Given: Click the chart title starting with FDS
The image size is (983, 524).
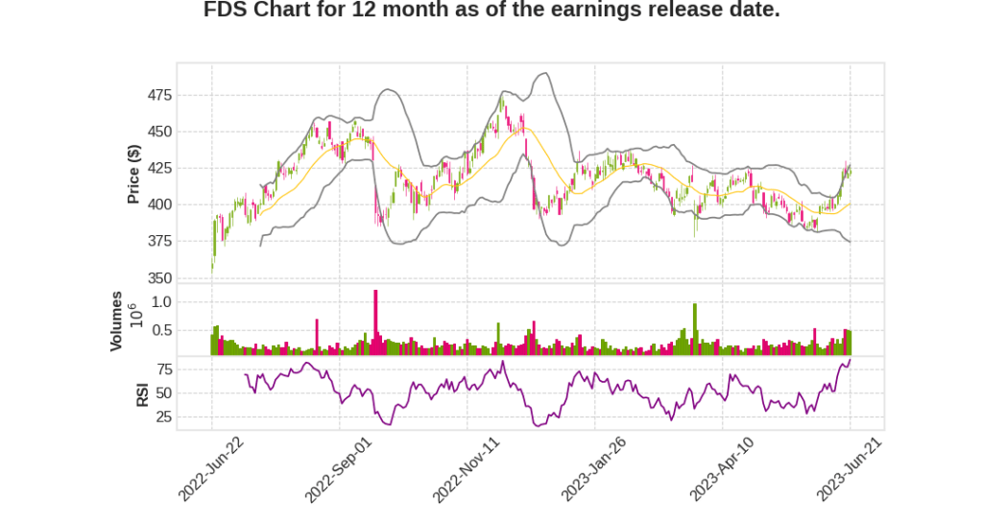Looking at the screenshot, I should point(491,12).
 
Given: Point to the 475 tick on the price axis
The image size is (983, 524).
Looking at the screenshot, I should point(158,95).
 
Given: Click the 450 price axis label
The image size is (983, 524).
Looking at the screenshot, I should point(158,131).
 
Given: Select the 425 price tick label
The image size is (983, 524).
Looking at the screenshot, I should point(158,168).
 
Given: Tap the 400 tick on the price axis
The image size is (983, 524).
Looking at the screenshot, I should point(158,204).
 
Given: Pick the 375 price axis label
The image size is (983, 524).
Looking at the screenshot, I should point(158,241).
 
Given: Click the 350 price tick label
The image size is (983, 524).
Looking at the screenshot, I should point(158,278).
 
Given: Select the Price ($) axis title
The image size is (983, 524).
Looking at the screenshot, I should point(134,174).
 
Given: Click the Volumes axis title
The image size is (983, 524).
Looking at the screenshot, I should point(116,321).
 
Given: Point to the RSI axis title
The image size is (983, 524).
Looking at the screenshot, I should point(142,393).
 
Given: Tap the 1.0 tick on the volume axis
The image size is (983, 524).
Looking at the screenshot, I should point(161,301).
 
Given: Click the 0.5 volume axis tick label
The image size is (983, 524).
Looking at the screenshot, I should point(161,330).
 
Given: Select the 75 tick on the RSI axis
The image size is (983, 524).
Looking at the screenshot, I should point(163,369).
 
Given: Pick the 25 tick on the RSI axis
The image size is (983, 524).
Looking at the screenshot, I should point(163,417).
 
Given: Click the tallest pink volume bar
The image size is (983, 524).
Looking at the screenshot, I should point(375,322).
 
